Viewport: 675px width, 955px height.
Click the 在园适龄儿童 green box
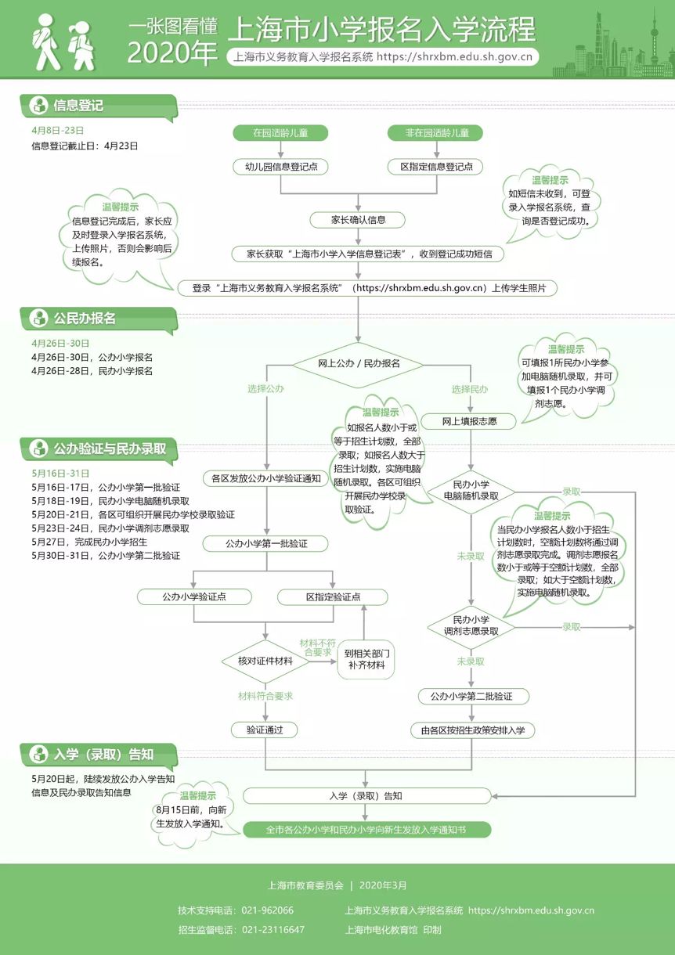(x=280, y=132)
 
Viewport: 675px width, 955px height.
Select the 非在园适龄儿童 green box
(x=435, y=132)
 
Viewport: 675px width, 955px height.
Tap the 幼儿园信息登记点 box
(x=280, y=167)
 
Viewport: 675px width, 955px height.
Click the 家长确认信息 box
(x=358, y=220)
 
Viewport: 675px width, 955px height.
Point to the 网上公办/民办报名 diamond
(x=358, y=364)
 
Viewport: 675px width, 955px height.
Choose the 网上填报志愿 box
(x=470, y=422)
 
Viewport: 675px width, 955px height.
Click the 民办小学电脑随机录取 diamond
(x=471, y=491)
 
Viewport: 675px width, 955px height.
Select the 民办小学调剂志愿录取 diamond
(x=471, y=626)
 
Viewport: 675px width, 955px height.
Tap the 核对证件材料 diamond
(x=265, y=661)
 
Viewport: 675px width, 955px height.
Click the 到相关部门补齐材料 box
(x=366, y=659)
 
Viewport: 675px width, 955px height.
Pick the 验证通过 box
(x=265, y=730)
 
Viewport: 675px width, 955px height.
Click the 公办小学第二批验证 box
(x=471, y=697)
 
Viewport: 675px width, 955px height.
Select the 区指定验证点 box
(x=333, y=596)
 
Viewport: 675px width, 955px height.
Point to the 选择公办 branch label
(x=265, y=389)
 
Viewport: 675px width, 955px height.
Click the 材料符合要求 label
(x=265, y=697)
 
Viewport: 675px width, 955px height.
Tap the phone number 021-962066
(x=267, y=910)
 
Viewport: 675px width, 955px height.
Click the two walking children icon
(x=64, y=41)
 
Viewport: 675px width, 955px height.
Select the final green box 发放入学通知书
(x=366, y=830)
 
